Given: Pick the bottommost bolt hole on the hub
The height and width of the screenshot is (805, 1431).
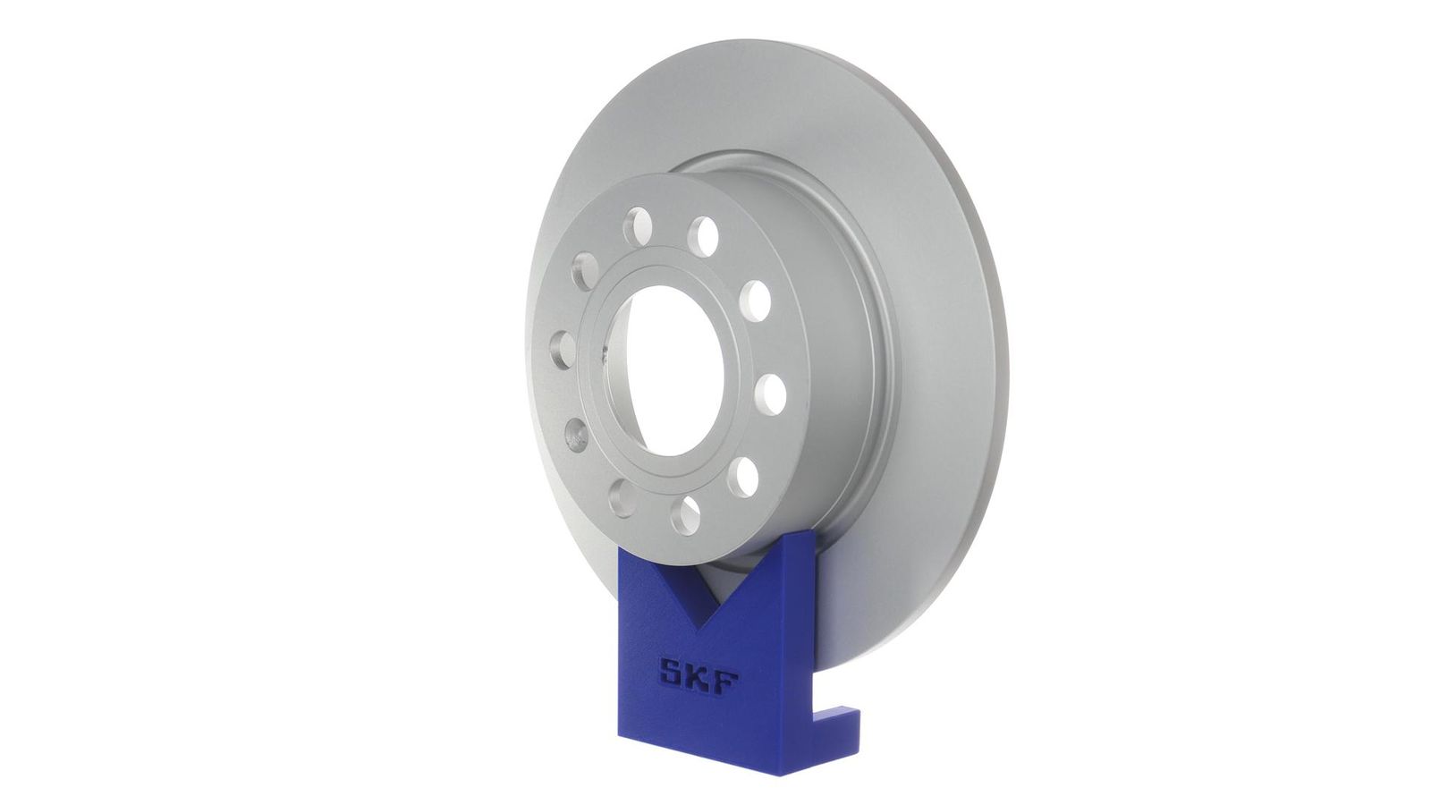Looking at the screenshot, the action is (x=685, y=515).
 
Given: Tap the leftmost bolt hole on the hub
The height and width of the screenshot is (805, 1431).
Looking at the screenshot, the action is (x=563, y=351).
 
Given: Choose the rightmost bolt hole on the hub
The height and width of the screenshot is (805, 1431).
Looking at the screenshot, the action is (x=770, y=394).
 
